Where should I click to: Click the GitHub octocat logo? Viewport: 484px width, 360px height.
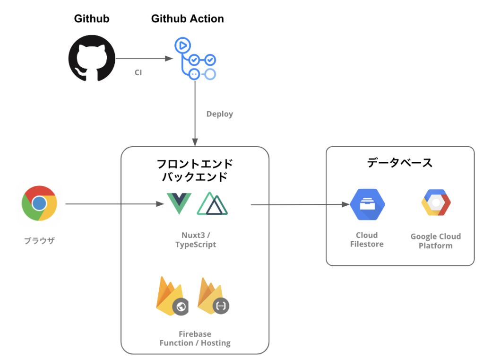pos(92,59)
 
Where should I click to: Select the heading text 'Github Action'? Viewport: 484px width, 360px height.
pos(187,19)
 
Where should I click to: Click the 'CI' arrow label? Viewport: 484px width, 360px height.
pos(138,73)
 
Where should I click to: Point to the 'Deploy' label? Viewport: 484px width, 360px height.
pos(219,114)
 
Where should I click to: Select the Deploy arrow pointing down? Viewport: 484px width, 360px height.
pos(195,114)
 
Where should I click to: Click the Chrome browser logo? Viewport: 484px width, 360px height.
pos(39,204)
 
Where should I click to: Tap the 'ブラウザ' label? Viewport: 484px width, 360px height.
pos(39,240)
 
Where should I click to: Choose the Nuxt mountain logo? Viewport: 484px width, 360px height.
pos(212,204)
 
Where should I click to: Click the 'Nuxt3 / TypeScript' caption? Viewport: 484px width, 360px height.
pos(195,240)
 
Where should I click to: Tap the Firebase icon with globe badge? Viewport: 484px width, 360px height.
pos(172,297)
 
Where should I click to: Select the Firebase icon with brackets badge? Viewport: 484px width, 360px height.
pos(213,297)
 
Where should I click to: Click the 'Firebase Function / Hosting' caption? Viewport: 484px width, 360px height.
pos(195,338)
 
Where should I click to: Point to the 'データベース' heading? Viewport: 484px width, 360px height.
pos(399,163)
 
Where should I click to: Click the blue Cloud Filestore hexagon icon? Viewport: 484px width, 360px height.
pos(367,204)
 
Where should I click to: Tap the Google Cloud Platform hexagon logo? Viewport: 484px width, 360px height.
pos(436,203)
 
